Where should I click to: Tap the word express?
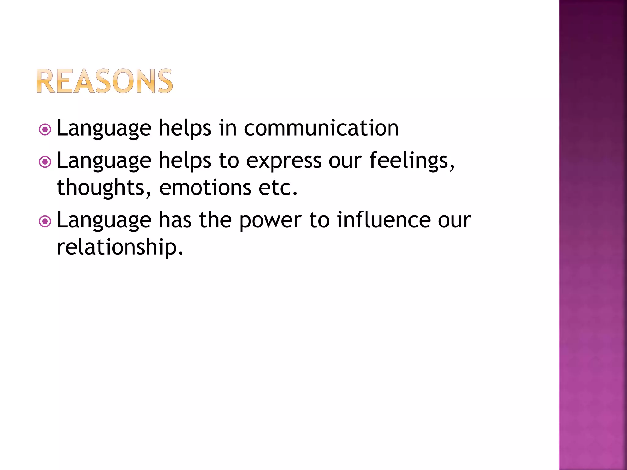click(284, 160)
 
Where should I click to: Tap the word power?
click(270, 220)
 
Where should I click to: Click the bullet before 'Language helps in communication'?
click(45, 130)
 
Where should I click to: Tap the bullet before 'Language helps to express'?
click(45, 162)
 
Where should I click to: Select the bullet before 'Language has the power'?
click(45, 222)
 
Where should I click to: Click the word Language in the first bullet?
click(104, 129)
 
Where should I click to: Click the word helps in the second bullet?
click(185, 160)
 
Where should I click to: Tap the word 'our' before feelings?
click(345, 161)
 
